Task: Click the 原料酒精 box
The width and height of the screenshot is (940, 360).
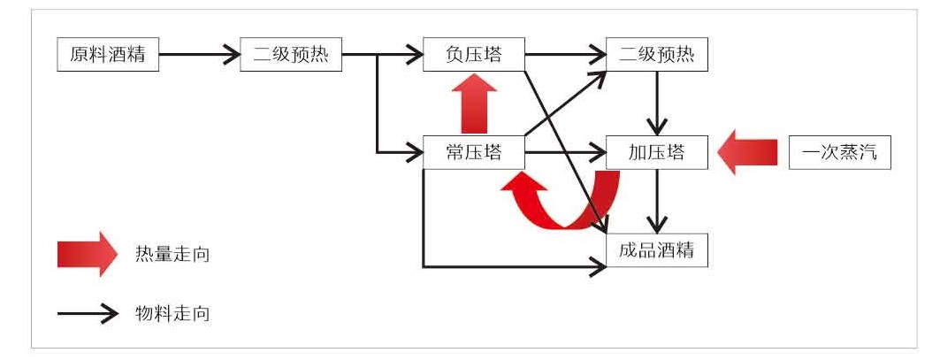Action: tap(108, 56)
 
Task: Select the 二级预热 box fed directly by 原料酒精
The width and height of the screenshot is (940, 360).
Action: tap(290, 56)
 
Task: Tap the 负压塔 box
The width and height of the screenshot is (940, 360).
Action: tap(473, 56)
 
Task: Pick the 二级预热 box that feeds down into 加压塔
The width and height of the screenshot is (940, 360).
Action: tap(656, 56)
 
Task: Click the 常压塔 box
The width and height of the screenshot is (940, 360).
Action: tap(473, 152)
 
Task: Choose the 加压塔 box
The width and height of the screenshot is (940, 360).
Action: tap(656, 152)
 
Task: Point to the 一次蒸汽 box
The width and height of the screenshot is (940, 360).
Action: tap(839, 152)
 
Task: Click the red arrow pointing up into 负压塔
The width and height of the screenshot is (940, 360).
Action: tap(473, 103)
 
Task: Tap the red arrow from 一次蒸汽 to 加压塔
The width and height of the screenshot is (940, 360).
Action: tap(747, 152)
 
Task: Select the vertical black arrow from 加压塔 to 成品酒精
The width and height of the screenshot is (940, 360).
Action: tap(656, 201)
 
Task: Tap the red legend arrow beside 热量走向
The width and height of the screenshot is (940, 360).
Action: tap(87, 255)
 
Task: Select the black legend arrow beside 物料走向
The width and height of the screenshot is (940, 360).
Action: tap(87, 312)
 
